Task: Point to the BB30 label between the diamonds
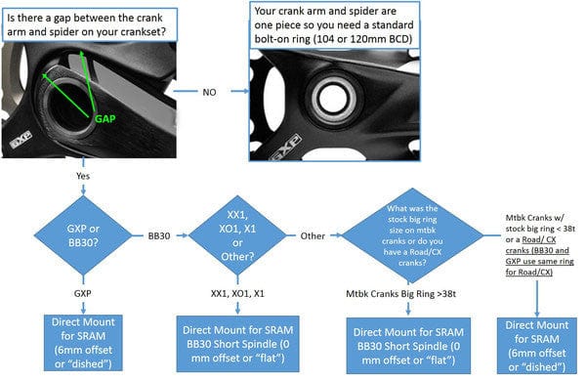[x=159, y=235]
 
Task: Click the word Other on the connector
[x=313, y=235]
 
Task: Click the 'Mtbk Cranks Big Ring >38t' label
[x=408, y=292]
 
